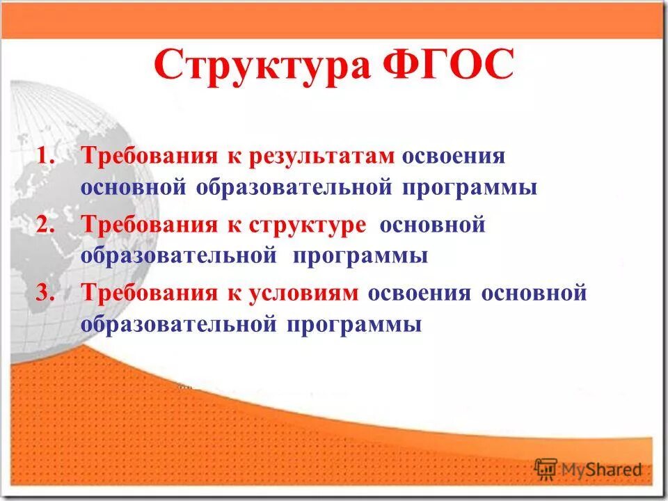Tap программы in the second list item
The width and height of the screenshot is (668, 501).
(360, 256)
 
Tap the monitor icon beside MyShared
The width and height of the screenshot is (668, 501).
(547, 468)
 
